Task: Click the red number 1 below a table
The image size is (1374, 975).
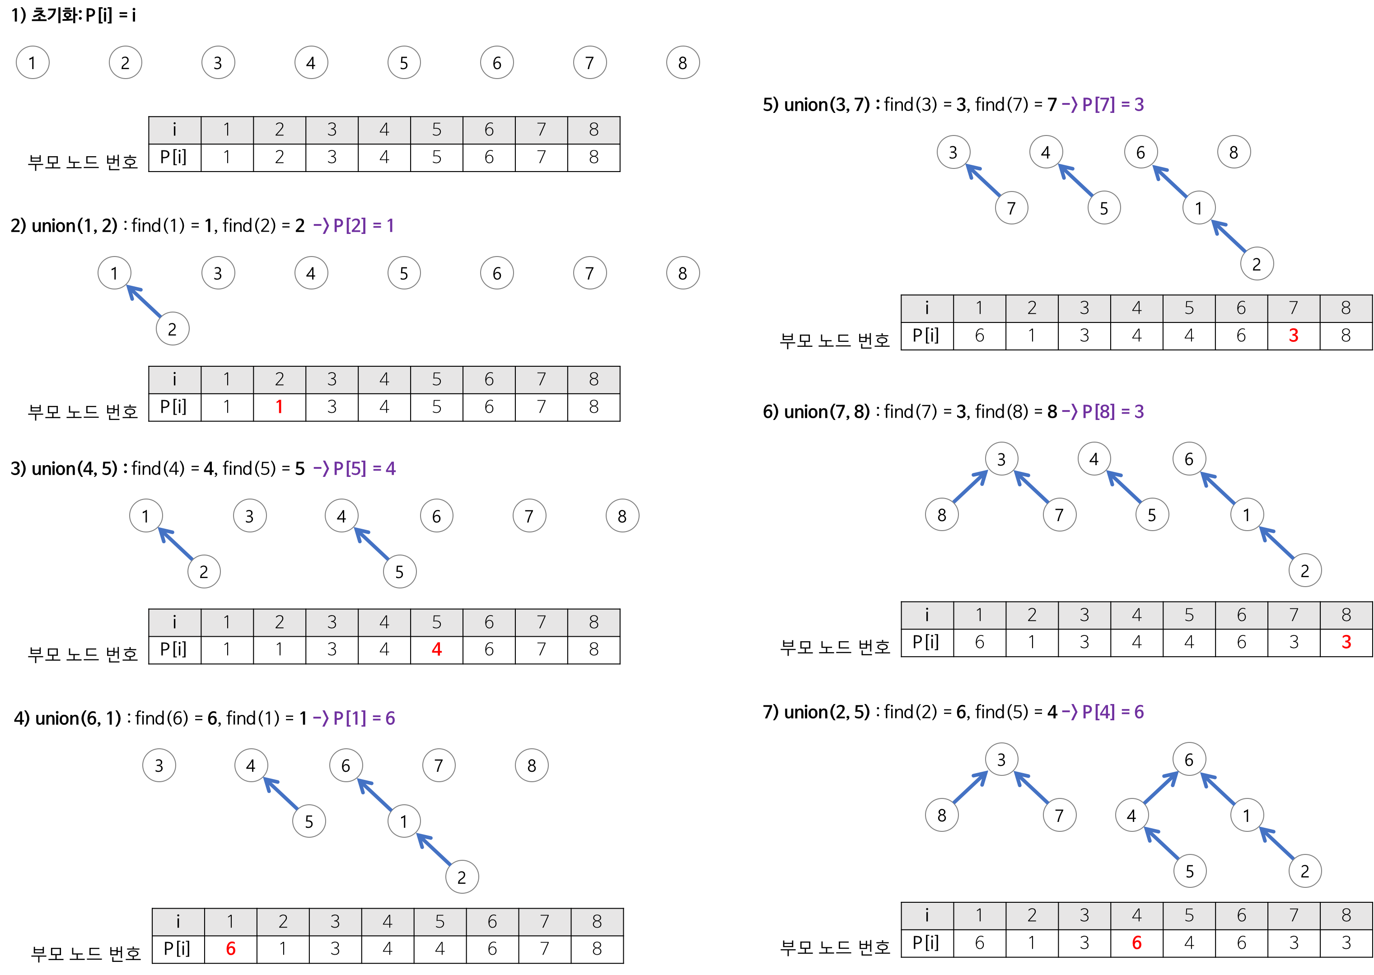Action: [x=279, y=406]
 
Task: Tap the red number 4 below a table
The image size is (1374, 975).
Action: [x=437, y=649]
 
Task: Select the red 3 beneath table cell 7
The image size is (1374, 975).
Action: [x=1294, y=336]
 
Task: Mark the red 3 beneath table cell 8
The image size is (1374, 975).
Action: [x=1346, y=642]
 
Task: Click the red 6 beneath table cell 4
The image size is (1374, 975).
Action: [x=1137, y=943]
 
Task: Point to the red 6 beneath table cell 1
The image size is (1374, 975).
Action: [x=231, y=949]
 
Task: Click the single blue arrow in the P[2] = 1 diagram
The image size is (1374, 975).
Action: [x=144, y=301]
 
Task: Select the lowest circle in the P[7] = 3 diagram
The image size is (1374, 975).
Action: [x=1257, y=264]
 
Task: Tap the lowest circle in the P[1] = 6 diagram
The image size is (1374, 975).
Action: [x=462, y=877]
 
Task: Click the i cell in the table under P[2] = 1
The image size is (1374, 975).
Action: [x=175, y=379]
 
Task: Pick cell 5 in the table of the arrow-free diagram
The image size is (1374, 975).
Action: [x=437, y=130]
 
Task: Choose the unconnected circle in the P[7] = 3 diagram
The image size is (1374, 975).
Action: [x=1234, y=151]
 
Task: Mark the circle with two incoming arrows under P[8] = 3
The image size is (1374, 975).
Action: [x=1002, y=459]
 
